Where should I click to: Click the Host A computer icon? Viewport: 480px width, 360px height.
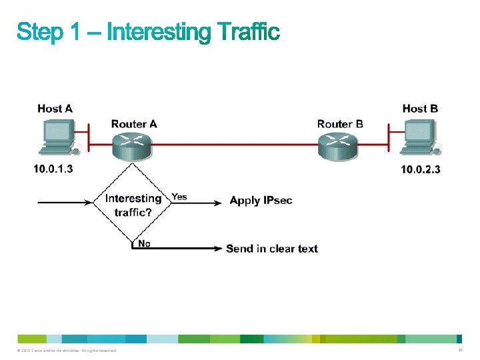point(59,137)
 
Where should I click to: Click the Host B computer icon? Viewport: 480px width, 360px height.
point(421,137)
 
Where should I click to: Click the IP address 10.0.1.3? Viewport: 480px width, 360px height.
point(53,169)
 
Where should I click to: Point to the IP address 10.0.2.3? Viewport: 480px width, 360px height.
point(420,169)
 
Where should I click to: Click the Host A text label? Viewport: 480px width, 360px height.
point(55,109)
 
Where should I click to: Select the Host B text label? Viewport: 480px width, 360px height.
point(420,109)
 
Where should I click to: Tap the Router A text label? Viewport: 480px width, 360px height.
point(134,124)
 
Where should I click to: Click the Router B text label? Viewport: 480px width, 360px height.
point(340,124)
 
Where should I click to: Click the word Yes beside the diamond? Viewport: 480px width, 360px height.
point(179,197)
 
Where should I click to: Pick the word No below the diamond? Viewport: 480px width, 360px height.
point(144,243)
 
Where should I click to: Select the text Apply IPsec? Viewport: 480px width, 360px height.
point(261,201)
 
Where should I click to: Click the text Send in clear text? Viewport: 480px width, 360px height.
point(272,249)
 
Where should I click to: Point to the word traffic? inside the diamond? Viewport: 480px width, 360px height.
point(133,213)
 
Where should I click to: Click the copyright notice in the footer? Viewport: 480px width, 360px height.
point(64,351)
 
